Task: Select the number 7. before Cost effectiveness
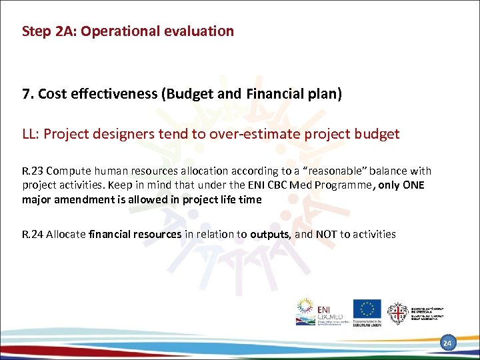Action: click(x=28, y=94)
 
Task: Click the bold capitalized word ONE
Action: click(x=414, y=185)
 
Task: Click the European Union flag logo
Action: click(x=367, y=309)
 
